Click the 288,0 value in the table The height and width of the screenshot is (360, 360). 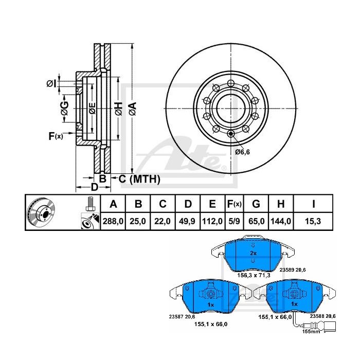point(113,221)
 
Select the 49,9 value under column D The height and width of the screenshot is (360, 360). point(188,221)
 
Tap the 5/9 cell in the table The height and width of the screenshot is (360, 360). point(233,221)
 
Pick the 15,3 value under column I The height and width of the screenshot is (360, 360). point(313,221)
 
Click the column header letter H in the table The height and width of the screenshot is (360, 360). point(281,204)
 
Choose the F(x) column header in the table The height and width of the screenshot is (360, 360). point(234,204)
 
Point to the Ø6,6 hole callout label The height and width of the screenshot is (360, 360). point(242,152)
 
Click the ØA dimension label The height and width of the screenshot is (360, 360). point(133,109)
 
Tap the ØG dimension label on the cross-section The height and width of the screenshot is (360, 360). point(64,108)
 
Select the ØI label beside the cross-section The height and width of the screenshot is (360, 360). point(51,83)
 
